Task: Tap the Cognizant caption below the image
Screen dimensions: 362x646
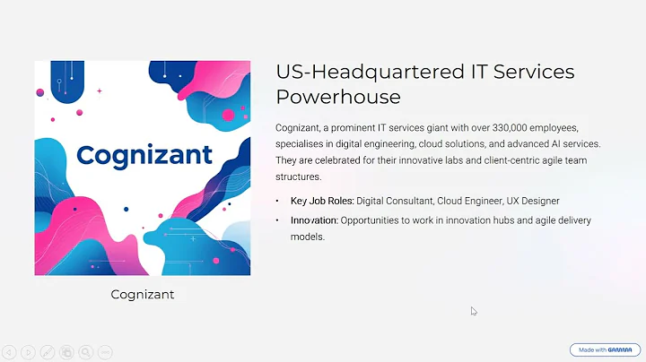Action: [x=141, y=294]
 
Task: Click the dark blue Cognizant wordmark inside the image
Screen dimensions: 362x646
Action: [x=144, y=154]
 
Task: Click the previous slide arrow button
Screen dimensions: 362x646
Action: [x=9, y=352]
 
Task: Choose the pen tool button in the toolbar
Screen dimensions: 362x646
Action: [x=48, y=352]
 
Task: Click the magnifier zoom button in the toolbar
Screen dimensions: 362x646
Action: [x=86, y=352]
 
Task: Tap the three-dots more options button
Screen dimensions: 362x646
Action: [x=105, y=352]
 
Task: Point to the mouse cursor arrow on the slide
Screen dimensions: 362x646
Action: [x=474, y=311]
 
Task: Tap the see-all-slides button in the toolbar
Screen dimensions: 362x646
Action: [x=66, y=352]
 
